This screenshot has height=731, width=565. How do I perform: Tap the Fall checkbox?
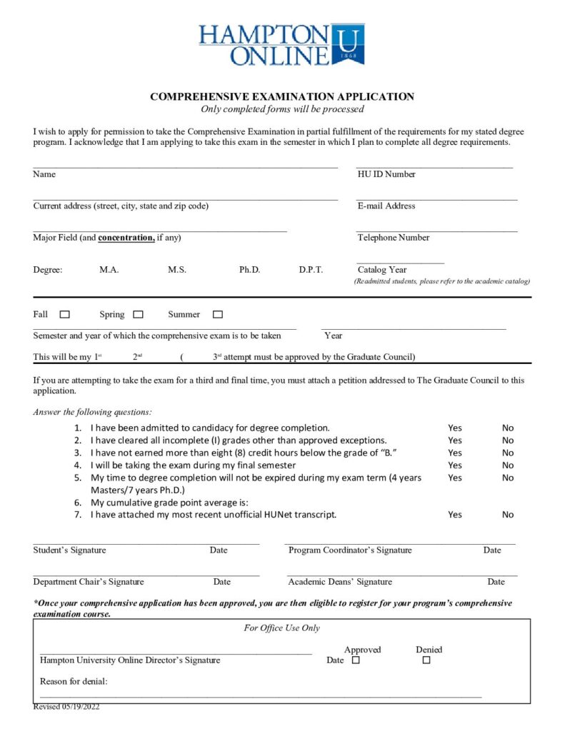(65, 314)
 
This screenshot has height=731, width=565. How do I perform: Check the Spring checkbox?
(139, 314)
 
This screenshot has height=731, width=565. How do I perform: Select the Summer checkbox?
(218, 314)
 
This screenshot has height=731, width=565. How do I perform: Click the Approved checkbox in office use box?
(356, 660)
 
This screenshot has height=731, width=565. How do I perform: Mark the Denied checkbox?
(426, 660)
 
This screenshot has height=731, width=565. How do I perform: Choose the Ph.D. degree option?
(249, 270)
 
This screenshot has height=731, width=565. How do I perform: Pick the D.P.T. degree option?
(311, 270)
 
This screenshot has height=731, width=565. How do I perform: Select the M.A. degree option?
(109, 270)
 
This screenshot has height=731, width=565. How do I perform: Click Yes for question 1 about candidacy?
(455, 428)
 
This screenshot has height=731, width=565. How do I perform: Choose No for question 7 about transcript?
(508, 515)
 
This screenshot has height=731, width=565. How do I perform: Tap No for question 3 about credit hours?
(508, 453)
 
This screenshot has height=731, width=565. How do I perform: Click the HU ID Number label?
(386, 174)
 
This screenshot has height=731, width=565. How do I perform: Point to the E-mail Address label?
(386, 206)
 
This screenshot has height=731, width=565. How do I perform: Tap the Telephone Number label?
(394, 238)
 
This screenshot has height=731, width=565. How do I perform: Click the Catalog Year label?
(382, 270)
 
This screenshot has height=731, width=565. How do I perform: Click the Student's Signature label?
(69, 550)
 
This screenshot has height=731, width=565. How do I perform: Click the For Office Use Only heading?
(281, 628)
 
